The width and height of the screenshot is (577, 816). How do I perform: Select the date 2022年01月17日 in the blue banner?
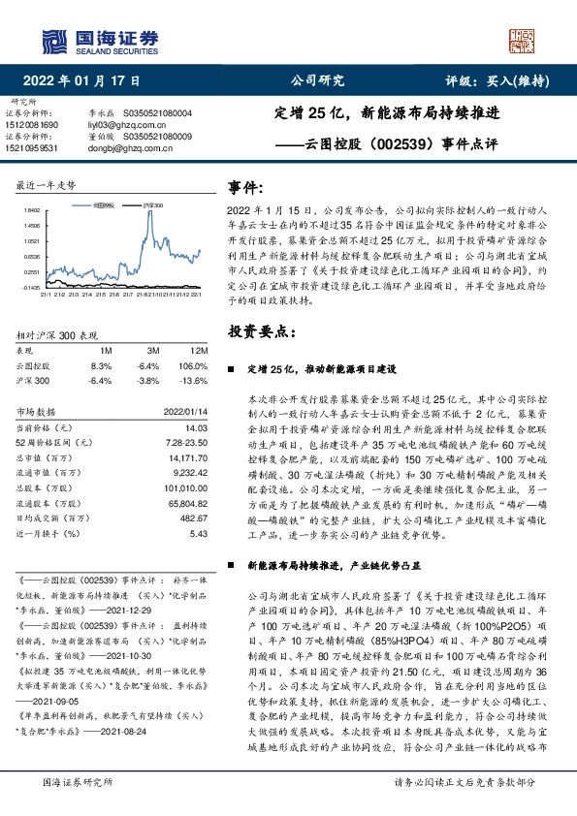click(88, 81)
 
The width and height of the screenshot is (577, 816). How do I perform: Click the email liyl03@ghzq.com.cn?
click(119, 125)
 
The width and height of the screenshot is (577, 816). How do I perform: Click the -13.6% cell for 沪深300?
click(197, 381)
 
